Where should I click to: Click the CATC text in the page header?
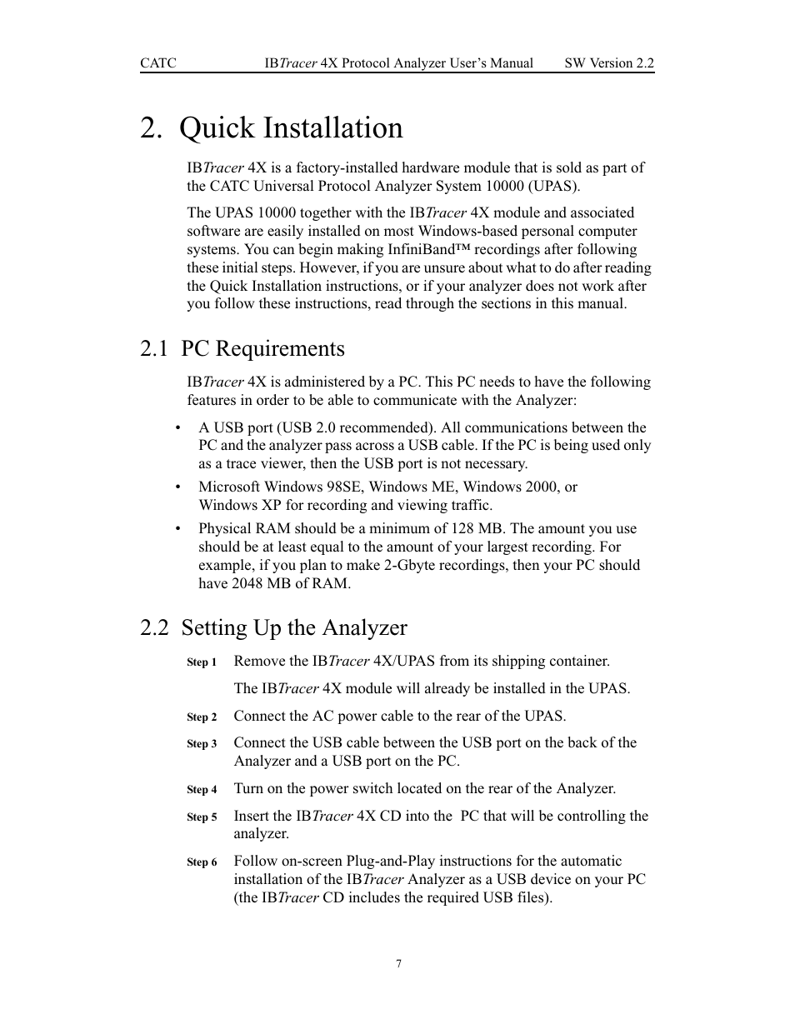click(157, 63)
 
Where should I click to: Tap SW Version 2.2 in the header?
click(609, 63)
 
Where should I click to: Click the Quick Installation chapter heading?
click(272, 128)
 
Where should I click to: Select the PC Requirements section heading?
click(242, 348)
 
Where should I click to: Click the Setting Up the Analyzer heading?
click(274, 627)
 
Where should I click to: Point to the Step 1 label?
click(202, 662)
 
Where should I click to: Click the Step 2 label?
click(202, 717)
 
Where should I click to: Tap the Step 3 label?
click(202, 744)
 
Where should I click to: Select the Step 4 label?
click(202, 790)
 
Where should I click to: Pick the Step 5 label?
click(202, 817)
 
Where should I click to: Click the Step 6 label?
click(202, 862)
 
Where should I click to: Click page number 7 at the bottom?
click(398, 964)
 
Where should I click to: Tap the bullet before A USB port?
click(178, 428)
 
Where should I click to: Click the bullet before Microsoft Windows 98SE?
click(178, 487)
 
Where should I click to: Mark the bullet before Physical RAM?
click(178, 529)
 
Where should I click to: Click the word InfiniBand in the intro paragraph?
click(419, 249)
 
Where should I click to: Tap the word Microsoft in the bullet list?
click(229, 487)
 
